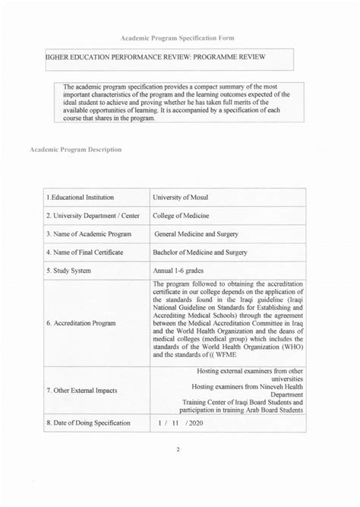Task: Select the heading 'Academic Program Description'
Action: click(x=76, y=149)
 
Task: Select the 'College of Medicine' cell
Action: click(x=186, y=215)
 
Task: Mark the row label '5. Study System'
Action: click(x=70, y=270)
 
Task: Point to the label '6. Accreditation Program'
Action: click(x=81, y=322)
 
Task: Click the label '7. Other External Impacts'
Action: click(x=83, y=391)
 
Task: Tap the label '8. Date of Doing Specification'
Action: click(x=88, y=423)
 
